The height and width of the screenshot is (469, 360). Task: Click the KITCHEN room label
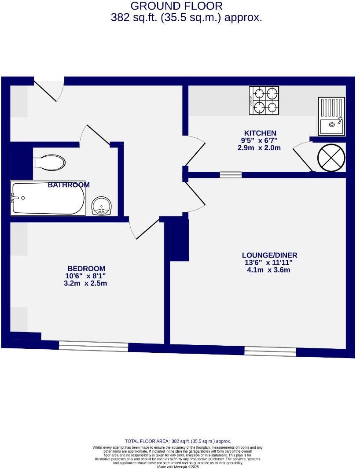[260, 133]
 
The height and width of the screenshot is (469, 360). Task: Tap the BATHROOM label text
[69, 185]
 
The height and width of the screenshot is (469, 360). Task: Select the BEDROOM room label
[86, 269]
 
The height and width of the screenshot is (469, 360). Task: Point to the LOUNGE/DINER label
[269, 255]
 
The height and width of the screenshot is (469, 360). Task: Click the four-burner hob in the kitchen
[264, 100]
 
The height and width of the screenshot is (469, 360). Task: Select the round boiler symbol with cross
[331, 158]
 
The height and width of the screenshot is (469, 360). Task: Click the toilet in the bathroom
[49, 162]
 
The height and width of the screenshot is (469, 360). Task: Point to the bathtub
[48, 199]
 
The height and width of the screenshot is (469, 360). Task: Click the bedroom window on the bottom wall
[93, 347]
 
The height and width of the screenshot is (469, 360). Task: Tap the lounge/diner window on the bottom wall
[270, 351]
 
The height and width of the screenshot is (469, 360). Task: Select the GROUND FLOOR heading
[176, 6]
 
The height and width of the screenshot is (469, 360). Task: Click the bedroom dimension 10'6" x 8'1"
[85, 276]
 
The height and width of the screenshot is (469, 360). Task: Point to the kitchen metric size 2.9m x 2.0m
[259, 148]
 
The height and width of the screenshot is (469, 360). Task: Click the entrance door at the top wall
[49, 88]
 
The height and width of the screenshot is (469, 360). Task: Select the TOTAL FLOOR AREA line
[178, 441]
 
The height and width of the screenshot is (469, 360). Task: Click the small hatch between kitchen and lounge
[231, 175]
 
